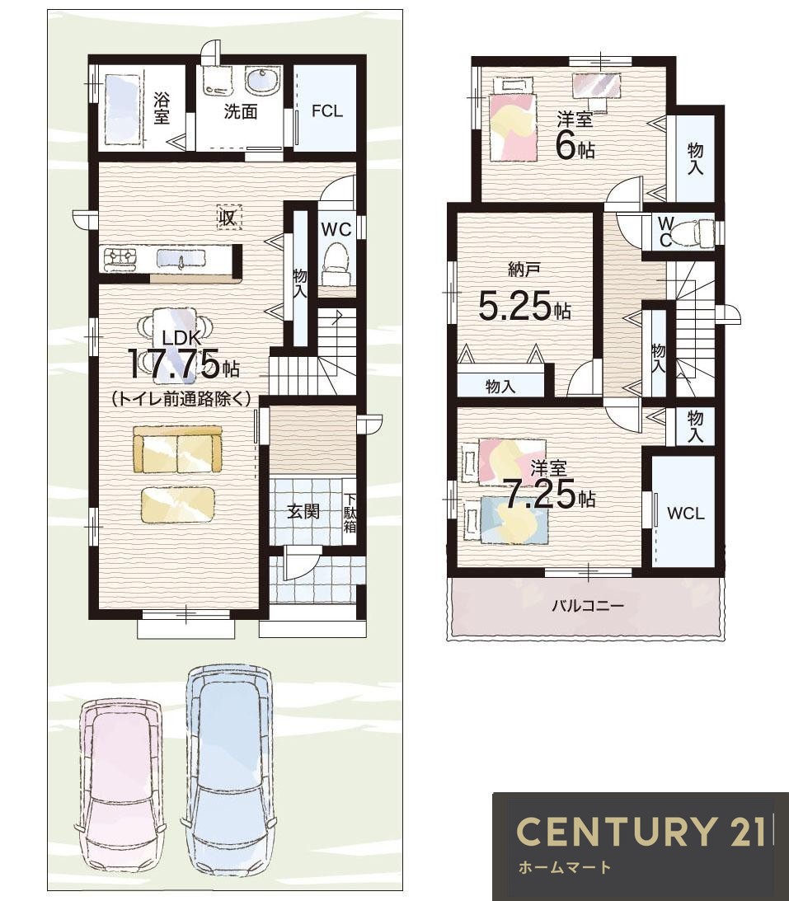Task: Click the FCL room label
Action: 327,111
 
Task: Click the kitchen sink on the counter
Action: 181,259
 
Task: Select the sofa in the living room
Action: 177,448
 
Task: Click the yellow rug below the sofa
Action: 177,504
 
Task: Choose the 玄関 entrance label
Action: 303,511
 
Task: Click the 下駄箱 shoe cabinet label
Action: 350,511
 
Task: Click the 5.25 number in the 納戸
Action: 515,307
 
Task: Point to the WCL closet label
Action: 686,513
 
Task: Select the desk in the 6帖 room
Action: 597,87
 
